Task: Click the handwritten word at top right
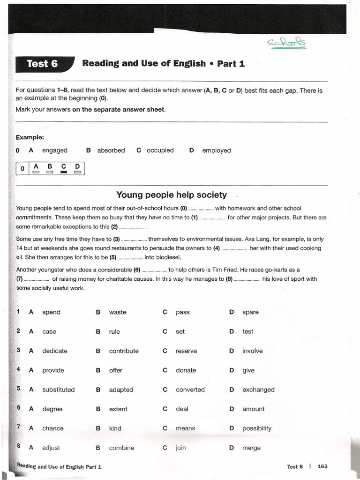[x=286, y=43]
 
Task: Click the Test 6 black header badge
[x=43, y=64]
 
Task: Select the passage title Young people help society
[x=171, y=195]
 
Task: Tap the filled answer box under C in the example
[x=64, y=172]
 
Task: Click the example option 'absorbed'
[x=111, y=150]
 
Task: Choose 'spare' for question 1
[x=250, y=312]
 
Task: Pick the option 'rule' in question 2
[x=114, y=331]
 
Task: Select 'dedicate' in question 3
[x=55, y=351]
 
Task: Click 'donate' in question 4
[x=186, y=370]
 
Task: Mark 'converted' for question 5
[x=190, y=390]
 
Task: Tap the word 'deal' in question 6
[x=182, y=409]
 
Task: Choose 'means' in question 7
[x=185, y=428]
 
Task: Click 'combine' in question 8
[x=121, y=448]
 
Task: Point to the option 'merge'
[x=251, y=448]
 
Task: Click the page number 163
[x=322, y=466]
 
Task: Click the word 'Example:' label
[x=30, y=137]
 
